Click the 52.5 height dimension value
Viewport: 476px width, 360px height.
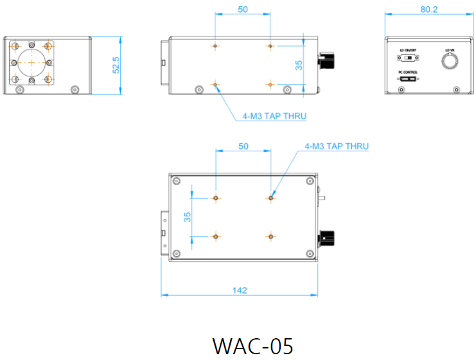tap(116, 65)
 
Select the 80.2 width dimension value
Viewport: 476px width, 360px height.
tap(428, 10)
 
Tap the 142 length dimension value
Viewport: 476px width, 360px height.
tap(238, 290)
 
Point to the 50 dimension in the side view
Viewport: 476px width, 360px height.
tap(243, 10)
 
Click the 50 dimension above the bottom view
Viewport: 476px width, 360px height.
tap(243, 146)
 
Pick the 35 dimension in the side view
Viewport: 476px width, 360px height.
tap(299, 65)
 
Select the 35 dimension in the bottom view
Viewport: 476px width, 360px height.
tap(188, 217)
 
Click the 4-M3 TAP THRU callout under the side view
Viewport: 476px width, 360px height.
tap(274, 116)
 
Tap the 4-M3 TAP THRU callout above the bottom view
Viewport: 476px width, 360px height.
tap(337, 146)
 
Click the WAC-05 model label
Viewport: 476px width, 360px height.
tap(252, 346)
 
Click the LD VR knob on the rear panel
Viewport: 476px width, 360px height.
tap(448, 61)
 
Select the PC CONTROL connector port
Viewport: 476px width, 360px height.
tap(407, 80)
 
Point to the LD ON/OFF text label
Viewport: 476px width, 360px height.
tap(407, 50)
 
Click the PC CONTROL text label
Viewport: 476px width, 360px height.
tap(407, 72)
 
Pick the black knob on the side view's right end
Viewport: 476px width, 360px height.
tap(328, 62)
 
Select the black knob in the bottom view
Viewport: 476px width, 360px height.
tap(328, 240)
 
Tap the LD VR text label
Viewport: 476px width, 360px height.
tap(448, 49)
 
